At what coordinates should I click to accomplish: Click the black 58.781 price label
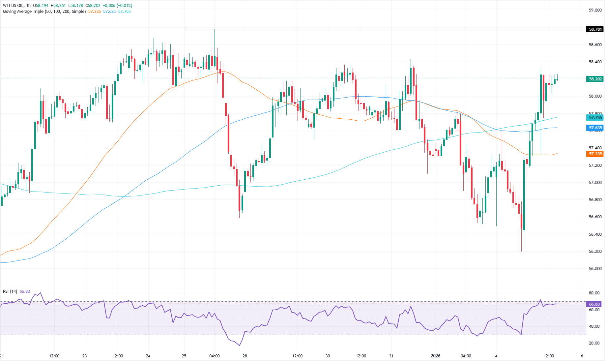tap(595, 29)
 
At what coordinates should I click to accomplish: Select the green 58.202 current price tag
tap(595, 79)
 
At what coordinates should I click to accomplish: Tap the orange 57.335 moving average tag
tap(595, 154)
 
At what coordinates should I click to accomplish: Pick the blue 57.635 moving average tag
tap(595, 128)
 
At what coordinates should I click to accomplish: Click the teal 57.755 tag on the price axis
tap(595, 117)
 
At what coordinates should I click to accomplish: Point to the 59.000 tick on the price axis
tap(595, 10)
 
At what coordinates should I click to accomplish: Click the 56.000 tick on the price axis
tap(595, 269)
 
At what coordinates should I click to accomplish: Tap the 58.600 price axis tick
tap(595, 45)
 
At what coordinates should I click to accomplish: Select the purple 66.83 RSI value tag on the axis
tap(594, 304)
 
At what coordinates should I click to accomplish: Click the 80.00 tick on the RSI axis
tap(594, 293)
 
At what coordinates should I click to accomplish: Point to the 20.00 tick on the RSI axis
tap(594, 343)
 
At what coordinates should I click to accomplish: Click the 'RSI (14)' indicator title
tap(10, 291)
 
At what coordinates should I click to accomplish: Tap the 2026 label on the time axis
tap(435, 356)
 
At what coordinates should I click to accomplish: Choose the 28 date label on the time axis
tap(245, 356)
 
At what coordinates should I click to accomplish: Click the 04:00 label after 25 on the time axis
tap(215, 356)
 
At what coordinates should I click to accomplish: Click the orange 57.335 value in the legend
tap(95, 12)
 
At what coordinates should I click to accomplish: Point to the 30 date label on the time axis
tap(328, 356)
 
